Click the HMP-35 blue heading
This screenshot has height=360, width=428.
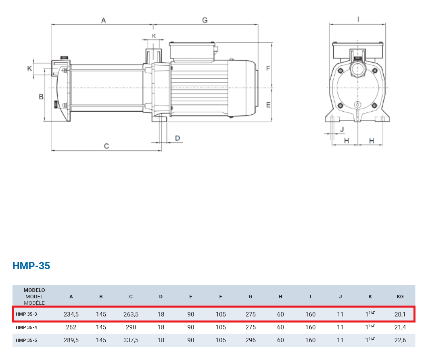pos(31,266)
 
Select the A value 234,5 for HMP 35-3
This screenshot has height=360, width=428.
pos(71,314)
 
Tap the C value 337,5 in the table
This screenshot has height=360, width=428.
pos(131,340)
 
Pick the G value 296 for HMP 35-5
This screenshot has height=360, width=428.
pos(251,340)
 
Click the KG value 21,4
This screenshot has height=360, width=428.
pos(400,327)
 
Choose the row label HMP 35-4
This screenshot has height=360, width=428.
pos(26,327)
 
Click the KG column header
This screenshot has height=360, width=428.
pos(400,296)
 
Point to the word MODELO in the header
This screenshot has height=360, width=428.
pos(34,290)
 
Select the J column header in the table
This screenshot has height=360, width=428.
pos(340,296)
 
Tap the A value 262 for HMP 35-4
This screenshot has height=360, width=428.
pos(71,327)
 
